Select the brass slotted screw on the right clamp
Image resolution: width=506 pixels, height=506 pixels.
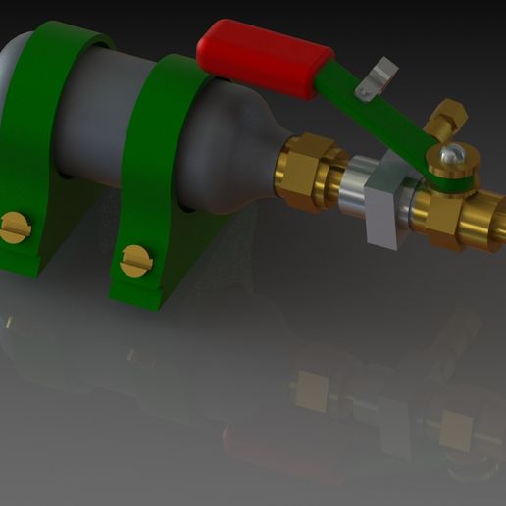tap(135, 260)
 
